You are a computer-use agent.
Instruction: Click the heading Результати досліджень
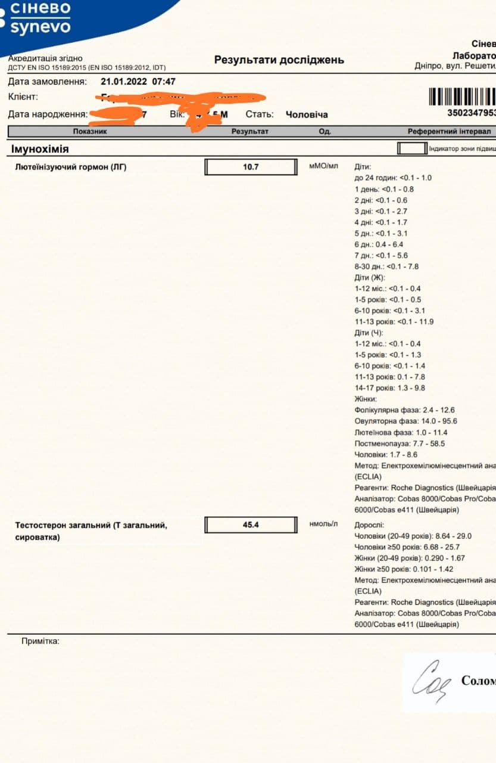tap(279, 60)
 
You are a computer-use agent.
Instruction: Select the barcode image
tap(462, 97)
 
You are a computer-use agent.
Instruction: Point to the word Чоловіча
tap(307, 114)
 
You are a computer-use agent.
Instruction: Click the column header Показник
tap(90, 131)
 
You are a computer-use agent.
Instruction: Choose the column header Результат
tap(250, 131)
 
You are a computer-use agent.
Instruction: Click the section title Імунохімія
tap(40, 149)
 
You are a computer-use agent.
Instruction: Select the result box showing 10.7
tap(251, 167)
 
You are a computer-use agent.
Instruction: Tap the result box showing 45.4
tap(251, 525)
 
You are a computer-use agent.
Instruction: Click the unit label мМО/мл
tap(323, 166)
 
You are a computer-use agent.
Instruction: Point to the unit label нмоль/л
tap(323, 524)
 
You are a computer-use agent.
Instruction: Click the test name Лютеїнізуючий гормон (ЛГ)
tap(71, 167)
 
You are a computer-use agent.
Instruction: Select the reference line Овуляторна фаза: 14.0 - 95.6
tap(405, 421)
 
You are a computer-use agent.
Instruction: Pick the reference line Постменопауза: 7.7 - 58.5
tap(400, 443)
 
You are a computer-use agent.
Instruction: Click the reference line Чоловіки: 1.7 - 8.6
tap(386, 454)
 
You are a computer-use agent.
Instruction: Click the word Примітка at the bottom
tap(40, 641)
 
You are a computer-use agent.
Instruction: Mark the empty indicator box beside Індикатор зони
tap(412, 148)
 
